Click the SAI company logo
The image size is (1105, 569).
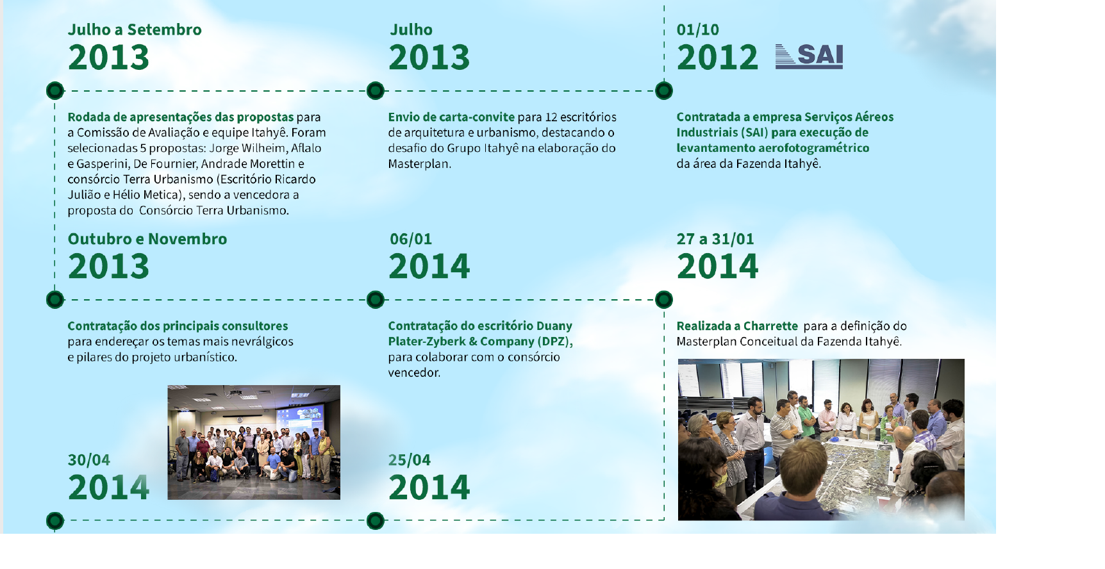(x=809, y=56)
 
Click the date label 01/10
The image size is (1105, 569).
(x=698, y=29)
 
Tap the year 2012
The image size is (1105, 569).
(x=717, y=58)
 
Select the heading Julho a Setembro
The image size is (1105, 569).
(x=135, y=29)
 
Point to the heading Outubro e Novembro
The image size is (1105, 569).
(x=147, y=239)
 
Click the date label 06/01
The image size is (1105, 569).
(x=411, y=239)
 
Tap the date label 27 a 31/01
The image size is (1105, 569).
(x=715, y=239)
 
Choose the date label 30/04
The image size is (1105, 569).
(x=89, y=460)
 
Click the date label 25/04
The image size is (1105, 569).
(x=410, y=460)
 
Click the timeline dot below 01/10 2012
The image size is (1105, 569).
(x=664, y=91)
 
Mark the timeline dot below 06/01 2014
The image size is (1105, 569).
(x=376, y=299)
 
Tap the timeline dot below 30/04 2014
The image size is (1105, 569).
(x=55, y=520)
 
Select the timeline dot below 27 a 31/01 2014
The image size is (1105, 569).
(x=664, y=299)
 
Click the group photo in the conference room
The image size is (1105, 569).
(x=254, y=442)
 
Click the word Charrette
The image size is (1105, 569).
(x=770, y=326)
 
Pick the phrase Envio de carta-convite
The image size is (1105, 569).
(x=451, y=117)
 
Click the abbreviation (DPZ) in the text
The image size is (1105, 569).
(x=555, y=342)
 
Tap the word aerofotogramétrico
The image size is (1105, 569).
(x=814, y=148)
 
